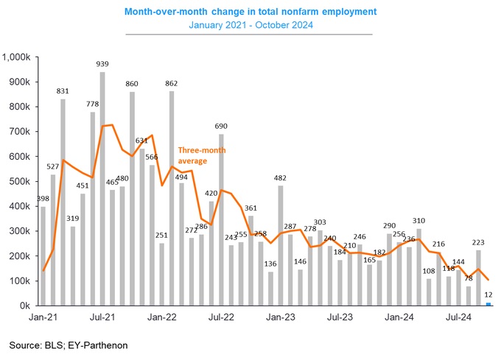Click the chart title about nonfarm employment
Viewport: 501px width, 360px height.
250,11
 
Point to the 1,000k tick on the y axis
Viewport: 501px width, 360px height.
16,57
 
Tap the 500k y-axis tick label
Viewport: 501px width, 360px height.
19,181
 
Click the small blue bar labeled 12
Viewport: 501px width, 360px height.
488,303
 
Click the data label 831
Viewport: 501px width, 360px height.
63,91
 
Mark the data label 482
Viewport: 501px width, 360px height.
280,178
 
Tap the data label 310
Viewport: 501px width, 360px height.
418,221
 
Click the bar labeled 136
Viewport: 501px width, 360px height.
270,289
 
